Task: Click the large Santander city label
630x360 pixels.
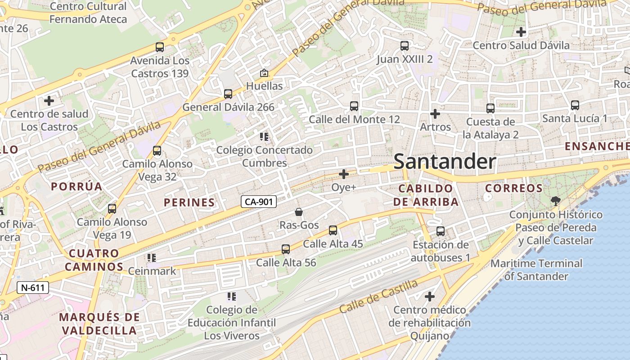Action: click(445, 162)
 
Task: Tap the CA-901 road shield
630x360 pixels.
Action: click(258, 202)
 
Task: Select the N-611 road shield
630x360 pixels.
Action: click(32, 288)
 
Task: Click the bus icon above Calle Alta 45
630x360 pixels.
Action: click(333, 230)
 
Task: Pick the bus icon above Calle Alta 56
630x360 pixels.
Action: click(286, 249)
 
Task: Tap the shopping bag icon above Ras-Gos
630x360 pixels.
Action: click(298, 212)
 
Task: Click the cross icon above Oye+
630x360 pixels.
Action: click(344, 174)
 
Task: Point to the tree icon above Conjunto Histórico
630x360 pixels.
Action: click(556, 201)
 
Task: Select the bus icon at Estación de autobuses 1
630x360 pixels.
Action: click(441, 231)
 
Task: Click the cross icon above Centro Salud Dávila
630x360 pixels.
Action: click(521, 32)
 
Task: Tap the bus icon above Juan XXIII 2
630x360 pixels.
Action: click(405, 46)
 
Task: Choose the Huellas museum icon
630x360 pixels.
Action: click(264, 73)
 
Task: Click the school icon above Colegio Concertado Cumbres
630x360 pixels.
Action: click(264, 136)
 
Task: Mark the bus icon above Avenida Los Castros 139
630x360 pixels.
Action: click(159, 47)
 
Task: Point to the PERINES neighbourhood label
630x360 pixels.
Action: click(189, 202)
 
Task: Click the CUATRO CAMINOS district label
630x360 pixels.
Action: click(94, 260)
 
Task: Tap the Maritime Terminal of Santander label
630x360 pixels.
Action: click(536, 270)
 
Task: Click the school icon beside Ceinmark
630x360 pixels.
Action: click(152, 258)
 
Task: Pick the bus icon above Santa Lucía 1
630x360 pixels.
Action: click(575, 105)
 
